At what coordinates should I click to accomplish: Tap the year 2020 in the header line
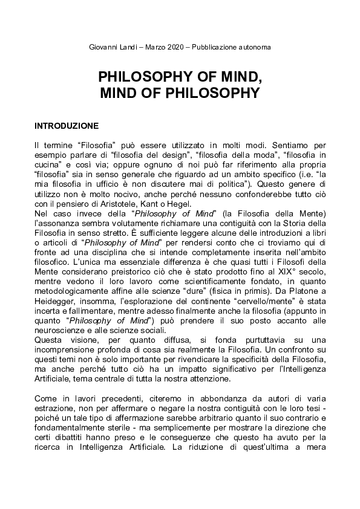[178, 47]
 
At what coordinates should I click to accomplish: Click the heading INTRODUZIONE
[67, 126]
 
